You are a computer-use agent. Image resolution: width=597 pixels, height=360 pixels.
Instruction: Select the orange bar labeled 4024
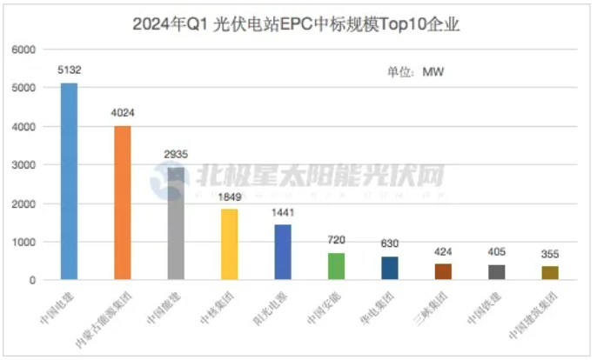click(x=123, y=203)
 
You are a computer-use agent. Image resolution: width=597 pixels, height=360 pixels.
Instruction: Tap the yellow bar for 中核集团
click(x=230, y=244)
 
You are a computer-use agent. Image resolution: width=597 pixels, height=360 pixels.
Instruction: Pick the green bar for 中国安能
click(x=337, y=266)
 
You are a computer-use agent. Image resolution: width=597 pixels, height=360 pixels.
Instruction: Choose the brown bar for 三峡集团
click(x=443, y=271)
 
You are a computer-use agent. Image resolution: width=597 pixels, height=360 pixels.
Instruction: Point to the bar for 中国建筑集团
click(x=550, y=273)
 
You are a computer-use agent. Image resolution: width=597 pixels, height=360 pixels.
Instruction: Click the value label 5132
click(x=69, y=69)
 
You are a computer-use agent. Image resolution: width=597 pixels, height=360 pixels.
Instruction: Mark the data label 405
click(x=497, y=251)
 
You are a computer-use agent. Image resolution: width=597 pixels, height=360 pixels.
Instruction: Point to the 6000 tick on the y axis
click(x=22, y=50)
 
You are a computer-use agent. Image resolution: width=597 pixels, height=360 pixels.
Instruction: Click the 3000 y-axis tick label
click(x=22, y=165)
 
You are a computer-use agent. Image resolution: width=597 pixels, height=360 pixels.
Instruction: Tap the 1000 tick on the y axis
click(x=22, y=242)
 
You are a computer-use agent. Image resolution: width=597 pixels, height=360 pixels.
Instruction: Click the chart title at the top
click(x=298, y=23)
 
